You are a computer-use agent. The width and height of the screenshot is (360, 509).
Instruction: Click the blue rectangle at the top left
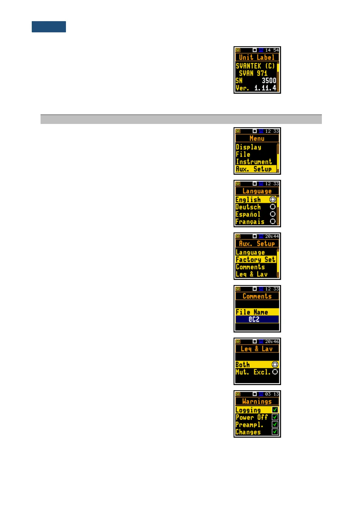[x=49, y=27]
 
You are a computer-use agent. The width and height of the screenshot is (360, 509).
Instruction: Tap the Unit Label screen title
[x=257, y=57]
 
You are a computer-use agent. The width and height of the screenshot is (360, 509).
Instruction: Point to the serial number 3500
[x=269, y=81]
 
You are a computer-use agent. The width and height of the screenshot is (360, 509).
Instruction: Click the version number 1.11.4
[x=265, y=88]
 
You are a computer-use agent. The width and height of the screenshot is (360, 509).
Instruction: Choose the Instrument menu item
[x=254, y=162]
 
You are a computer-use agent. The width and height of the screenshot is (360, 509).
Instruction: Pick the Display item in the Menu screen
[x=248, y=147]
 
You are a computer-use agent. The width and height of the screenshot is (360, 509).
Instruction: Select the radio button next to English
[x=273, y=199]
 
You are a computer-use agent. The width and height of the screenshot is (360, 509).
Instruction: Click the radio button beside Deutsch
[x=273, y=207]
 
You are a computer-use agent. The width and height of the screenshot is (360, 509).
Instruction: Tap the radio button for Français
[x=273, y=222]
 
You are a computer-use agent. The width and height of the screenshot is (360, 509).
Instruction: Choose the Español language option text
[x=248, y=214]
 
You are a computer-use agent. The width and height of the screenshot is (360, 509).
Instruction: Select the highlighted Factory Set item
[x=256, y=260]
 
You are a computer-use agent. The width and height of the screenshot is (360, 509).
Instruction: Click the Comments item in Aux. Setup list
[x=250, y=267]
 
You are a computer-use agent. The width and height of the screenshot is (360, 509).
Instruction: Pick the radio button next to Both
[x=275, y=365]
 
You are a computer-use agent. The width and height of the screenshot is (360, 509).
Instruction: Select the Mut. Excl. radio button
[x=275, y=372]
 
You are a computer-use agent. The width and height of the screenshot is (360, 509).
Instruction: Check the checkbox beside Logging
[x=275, y=410]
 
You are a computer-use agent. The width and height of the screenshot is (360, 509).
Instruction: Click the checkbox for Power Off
[x=275, y=417]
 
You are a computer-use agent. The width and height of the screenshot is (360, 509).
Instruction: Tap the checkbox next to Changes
[x=275, y=432]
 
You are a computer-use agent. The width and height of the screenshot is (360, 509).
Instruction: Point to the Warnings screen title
[x=257, y=401]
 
